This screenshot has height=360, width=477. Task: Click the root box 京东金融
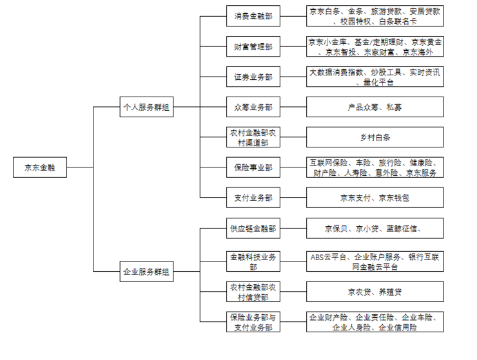click(x=39, y=168)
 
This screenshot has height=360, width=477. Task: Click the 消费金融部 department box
click(x=253, y=16)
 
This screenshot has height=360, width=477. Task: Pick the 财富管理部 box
click(x=253, y=46)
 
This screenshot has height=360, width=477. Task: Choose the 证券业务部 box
click(x=253, y=77)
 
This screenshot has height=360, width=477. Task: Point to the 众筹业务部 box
click(x=253, y=107)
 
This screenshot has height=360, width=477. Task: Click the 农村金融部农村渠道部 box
click(x=253, y=137)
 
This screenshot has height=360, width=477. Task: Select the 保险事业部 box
click(x=253, y=167)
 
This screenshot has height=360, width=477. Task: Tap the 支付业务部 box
click(x=253, y=198)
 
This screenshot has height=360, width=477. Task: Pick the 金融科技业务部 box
click(x=253, y=261)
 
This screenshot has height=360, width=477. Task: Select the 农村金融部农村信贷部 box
click(x=253, y=291)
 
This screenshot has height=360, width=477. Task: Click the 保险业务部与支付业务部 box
click(x=253, y=322)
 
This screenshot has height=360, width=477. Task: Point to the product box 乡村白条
click(x=375, y=137)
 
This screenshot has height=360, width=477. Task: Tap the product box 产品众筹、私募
click(x=375, y=107)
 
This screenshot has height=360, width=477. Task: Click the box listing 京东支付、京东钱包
click(x=375, y=198)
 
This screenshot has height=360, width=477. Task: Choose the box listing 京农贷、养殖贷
click(x=375, y=292)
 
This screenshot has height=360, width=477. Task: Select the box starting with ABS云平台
click(x=375, y=261)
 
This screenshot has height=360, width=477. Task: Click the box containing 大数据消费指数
click(x=375, y=77)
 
